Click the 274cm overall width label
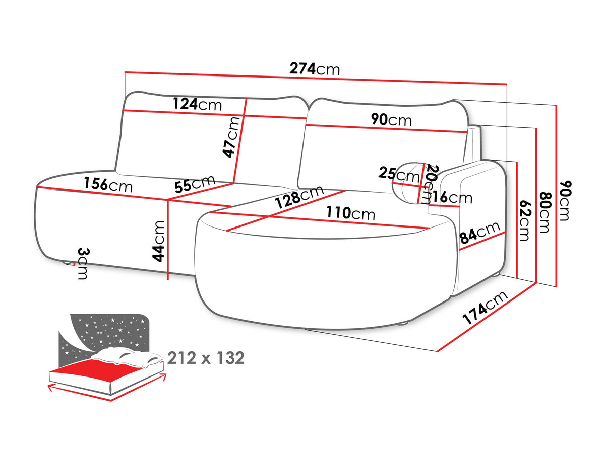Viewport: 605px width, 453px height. coord(314,69)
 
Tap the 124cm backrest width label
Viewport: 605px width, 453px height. coord(197,104)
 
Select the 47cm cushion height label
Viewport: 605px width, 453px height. coord(231,137)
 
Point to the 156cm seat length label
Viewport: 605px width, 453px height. coord(108,185)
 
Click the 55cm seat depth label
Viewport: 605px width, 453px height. coord(195,183)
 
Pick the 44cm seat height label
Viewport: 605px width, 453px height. coord(158,241)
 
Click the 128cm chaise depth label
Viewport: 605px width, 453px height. coord(299,196)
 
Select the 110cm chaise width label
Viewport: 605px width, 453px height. coord(350,213)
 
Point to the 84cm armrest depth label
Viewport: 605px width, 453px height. coord(479,233)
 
